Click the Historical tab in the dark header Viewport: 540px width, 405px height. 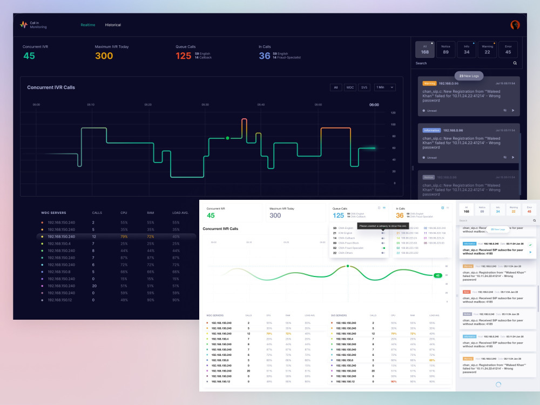pyautogui.click(x=113, y=25)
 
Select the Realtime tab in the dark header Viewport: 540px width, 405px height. pyautogui.click(x=88, y=25)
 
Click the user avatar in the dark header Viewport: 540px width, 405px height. pyautogui.click(x=515, y=25)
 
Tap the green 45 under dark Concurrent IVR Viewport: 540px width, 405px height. pyautogui.click(x=29, y=56)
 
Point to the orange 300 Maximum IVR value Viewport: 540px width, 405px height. pyautogui.click(x=104, y=56)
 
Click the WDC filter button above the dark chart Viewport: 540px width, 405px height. pyautogui.click(x=350, y=87)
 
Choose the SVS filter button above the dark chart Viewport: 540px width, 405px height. pyautogui.click(x=364, y=87)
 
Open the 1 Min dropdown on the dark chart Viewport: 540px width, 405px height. pyautogui.click(x=385, y=87)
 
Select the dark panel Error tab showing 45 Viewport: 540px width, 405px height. pyautogui.click(x=508, y=50)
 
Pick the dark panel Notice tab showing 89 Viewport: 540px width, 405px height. pyautogui.click(x=446, y=50)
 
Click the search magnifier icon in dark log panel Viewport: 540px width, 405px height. pyautogui.click(x=515, y=63)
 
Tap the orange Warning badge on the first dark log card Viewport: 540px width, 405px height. pyautogui.click(x=429, y=84)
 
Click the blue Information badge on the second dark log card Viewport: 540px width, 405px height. pyautogui.click(x=432, y=130)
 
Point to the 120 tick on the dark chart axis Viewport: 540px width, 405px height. pyautogui.click(x=393, y=113)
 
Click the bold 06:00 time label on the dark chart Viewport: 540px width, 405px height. pyautogui.click(x=374, y=105)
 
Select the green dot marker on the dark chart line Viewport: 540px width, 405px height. pyautogui.click(x=227, y=138)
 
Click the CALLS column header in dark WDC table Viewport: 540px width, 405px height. pyautogui.click(x=97, y=213)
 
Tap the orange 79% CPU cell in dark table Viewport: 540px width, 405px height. pyautogui.click(x=124, y=237)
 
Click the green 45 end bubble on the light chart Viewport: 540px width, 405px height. pyautogui.click(x=437, y=275)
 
